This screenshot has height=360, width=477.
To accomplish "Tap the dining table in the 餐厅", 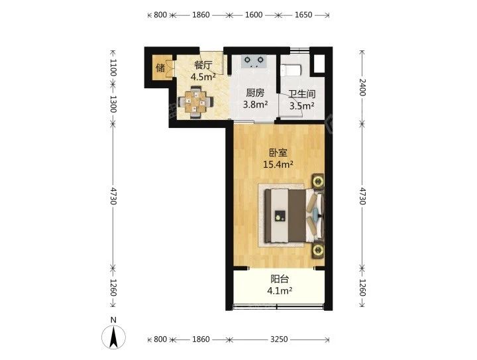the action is [195, 102].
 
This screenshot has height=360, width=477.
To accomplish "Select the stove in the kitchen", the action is [254, 62].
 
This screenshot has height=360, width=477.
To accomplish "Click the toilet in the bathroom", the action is [291, 70].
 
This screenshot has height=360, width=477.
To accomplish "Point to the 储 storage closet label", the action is [160, 68].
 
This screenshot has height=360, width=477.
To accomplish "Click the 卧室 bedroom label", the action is [278, 152].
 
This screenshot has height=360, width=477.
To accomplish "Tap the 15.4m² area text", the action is [278, 164].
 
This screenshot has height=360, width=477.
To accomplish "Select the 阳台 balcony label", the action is [280, 278].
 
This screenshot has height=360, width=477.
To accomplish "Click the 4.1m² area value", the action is [280, 291].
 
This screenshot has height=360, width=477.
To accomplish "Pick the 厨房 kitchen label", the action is [255, 93].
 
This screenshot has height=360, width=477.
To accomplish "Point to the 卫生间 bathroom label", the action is [302, 94].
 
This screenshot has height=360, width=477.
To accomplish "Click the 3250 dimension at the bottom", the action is [279, 339].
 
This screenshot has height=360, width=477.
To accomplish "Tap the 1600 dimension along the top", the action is [254, 15].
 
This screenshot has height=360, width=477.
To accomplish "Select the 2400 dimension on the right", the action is [362, 88].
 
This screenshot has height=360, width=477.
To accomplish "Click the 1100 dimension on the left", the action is [113, 68].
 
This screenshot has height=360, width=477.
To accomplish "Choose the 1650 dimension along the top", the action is [303, 15].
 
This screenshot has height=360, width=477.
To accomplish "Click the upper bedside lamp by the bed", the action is [318, 182].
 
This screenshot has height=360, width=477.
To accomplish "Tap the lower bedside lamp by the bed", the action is [318, 251].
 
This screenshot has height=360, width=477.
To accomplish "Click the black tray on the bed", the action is [280, 215].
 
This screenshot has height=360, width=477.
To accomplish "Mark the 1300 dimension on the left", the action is [113, 104].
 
